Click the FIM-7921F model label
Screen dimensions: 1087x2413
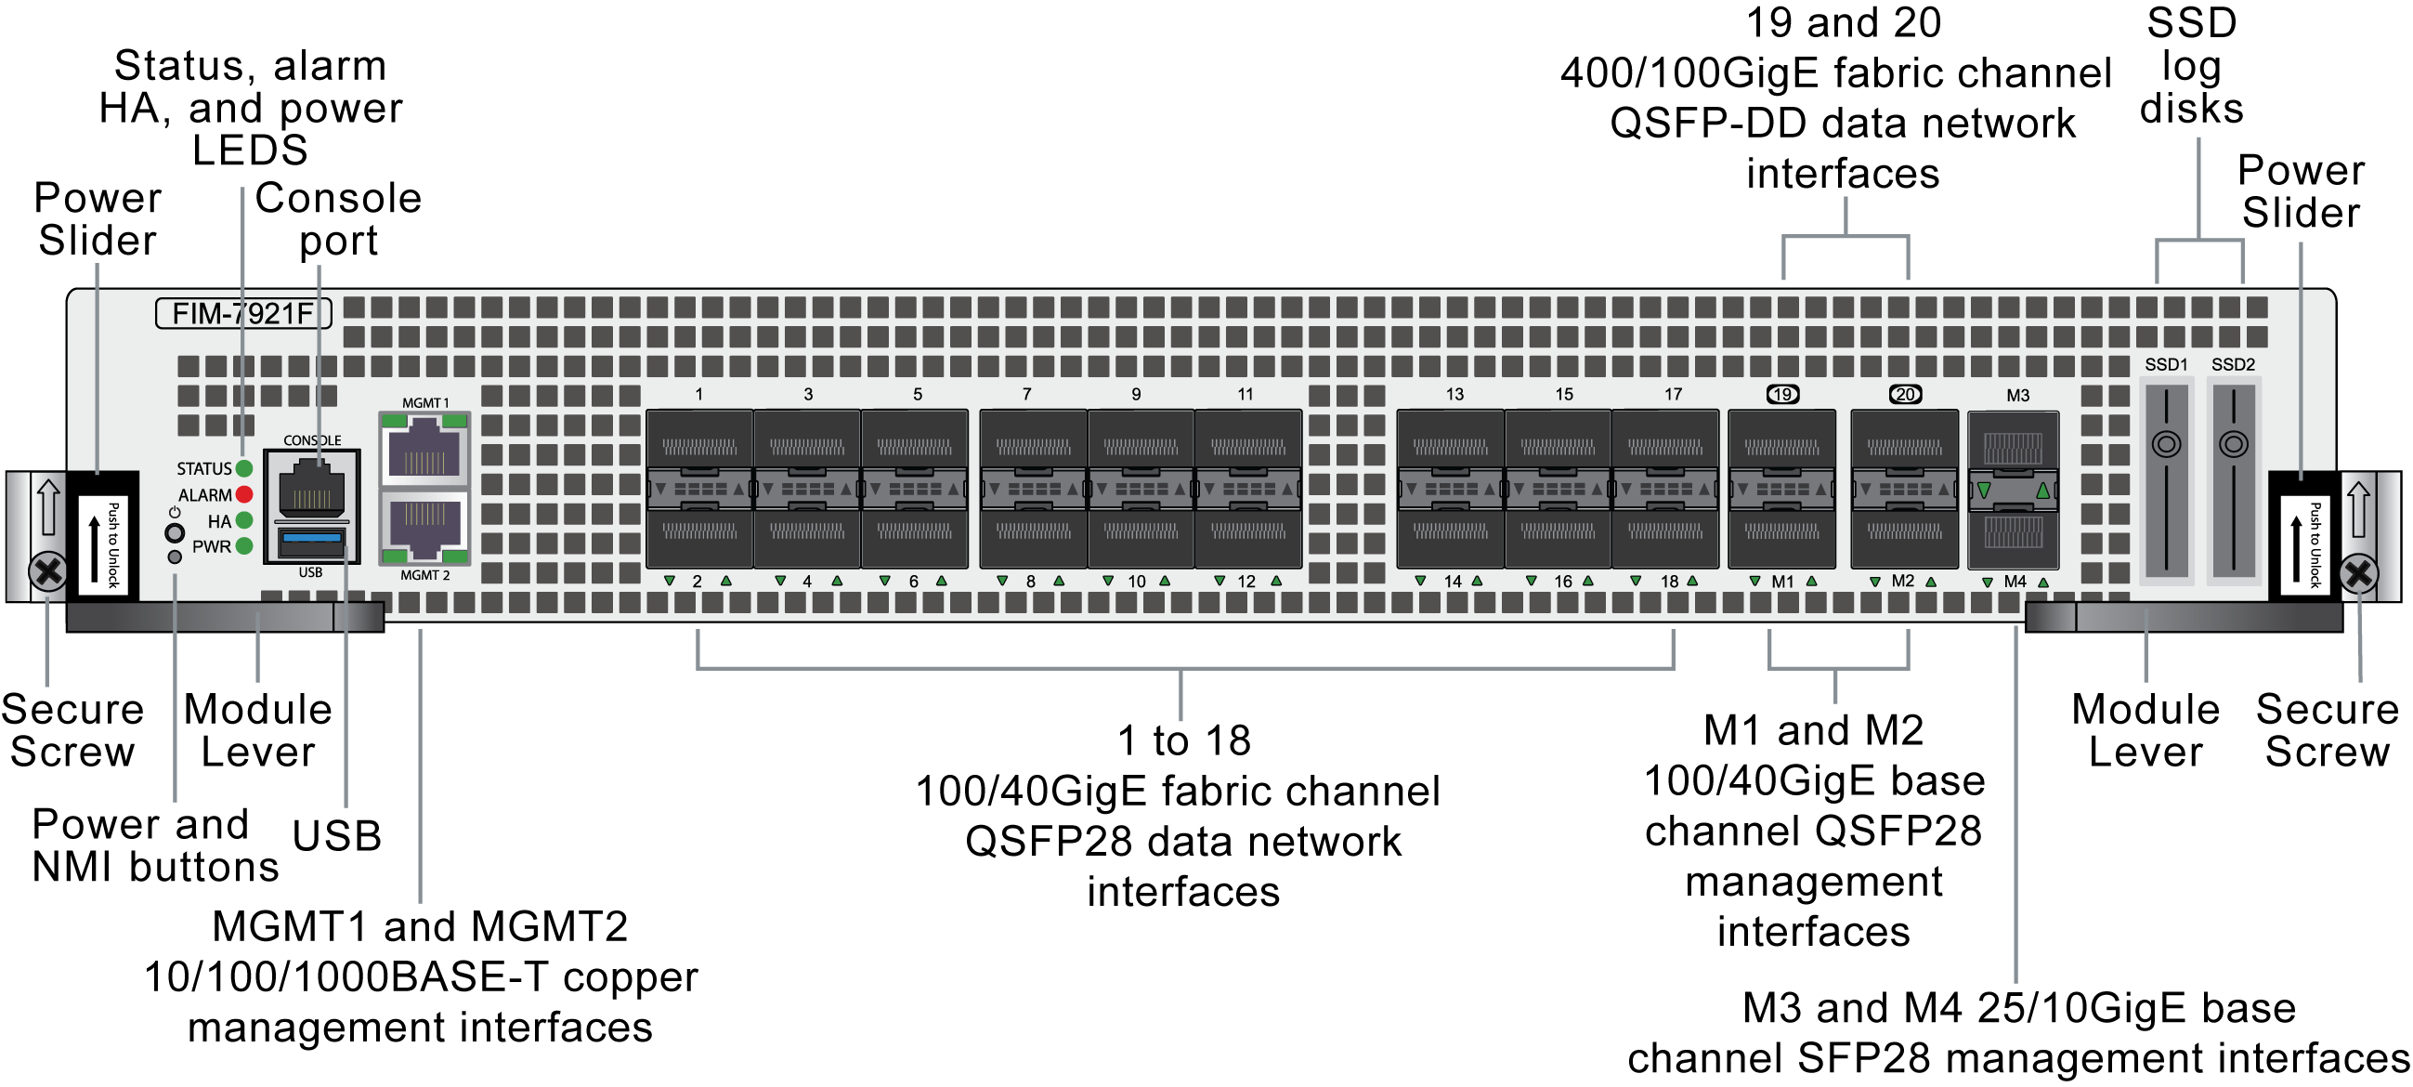242,313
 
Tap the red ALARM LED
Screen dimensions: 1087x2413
244,495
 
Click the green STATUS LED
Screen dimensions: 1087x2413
244,468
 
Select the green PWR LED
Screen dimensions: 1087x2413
244,546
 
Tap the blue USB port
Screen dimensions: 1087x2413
311,541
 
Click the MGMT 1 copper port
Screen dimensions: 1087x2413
424,448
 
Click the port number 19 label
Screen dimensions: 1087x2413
1781,395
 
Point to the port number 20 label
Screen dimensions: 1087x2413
1904,395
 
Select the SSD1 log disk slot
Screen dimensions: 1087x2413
2166,479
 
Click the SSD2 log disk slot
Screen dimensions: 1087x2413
2233,479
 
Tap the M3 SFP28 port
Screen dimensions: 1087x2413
2013,447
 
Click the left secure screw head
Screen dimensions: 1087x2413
47,571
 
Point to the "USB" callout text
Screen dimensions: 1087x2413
336,836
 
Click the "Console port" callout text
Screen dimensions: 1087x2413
338,219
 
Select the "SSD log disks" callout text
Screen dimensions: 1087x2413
2191,66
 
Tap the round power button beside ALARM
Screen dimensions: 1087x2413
175,532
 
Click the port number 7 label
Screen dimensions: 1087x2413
1026,395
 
